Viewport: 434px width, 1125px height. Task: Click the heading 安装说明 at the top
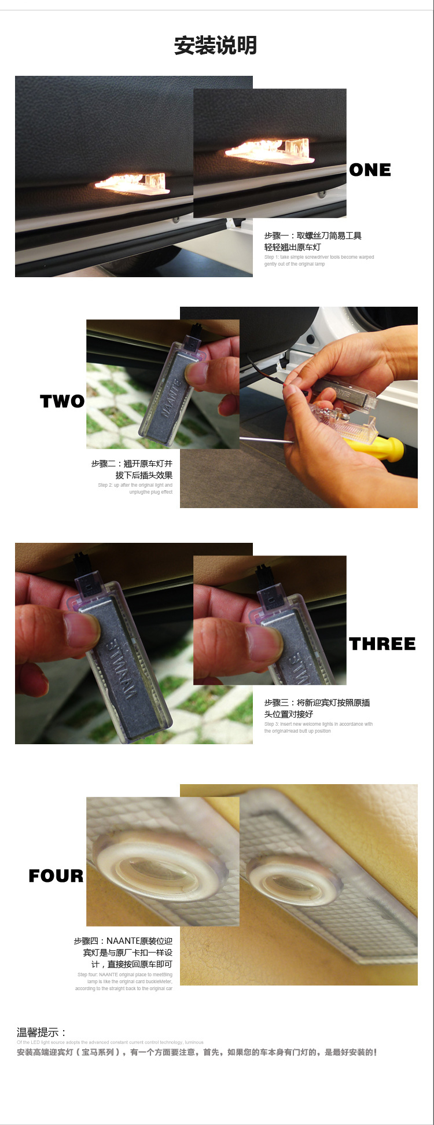click(215, 45)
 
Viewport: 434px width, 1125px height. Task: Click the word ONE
click(370, 170)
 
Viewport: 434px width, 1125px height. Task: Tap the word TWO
click(62, 401)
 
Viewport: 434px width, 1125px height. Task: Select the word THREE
click(382, 644)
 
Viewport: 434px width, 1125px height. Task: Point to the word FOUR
click(56, 876)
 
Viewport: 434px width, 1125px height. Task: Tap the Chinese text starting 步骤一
click(312, 241)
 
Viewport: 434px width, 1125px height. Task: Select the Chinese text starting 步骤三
click(317, 708)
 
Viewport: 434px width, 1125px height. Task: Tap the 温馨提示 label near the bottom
click(41, 1032)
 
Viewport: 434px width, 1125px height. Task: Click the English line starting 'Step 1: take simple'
click(319, 257)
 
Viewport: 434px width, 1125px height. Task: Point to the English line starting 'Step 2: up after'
click(135, 485)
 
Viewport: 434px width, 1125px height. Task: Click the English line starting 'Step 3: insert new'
click(318, 724)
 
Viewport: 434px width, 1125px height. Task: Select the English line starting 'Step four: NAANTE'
click(125, 975)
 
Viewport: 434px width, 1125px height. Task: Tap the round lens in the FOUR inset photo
click(155, 866)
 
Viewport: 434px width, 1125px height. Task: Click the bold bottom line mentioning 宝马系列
click(197, 1052)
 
